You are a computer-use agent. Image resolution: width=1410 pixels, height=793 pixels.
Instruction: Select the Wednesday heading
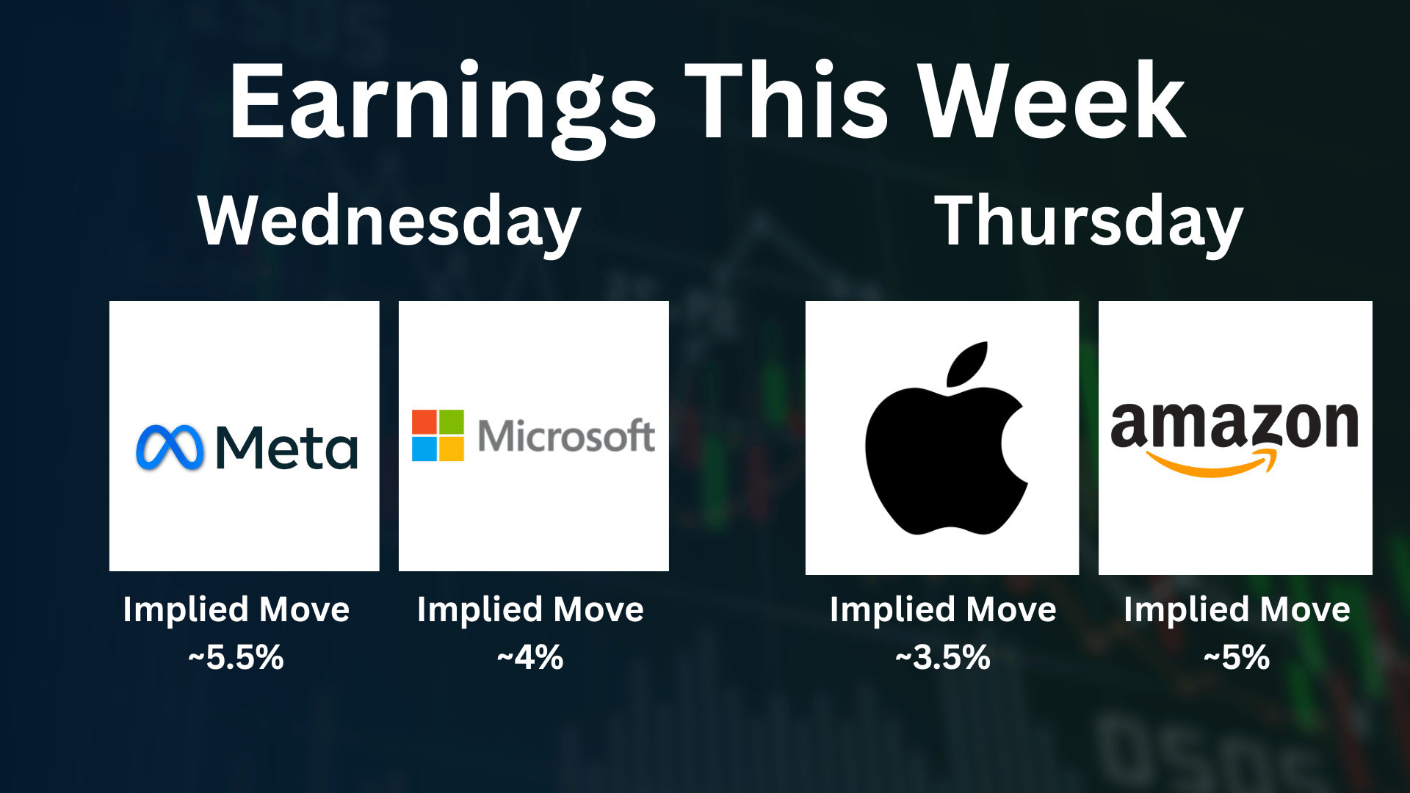coord(389,222)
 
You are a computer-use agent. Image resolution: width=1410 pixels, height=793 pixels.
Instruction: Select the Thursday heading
coord(1088,222)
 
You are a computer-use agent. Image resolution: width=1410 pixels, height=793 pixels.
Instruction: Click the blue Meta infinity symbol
coord(170,447)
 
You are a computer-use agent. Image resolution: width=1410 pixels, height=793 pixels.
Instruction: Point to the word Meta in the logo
coord(286,447)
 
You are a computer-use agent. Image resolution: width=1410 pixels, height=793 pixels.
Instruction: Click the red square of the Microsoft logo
coord(424,421)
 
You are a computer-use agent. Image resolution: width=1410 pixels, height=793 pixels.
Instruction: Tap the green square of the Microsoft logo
coord(452,421)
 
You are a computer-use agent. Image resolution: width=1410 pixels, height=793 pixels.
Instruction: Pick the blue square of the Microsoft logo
coord(424,449)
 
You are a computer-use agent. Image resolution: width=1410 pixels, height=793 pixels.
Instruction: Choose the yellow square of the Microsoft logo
coord(452,449)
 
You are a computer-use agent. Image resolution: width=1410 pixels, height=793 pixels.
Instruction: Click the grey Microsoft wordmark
coord(566,435)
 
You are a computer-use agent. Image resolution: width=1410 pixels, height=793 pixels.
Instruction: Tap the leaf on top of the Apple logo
coord(967,364)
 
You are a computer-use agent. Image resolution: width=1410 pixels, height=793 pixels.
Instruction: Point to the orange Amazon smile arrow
coord(1212,464)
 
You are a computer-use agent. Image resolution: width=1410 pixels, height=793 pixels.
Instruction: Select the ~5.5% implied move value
coord(236,657)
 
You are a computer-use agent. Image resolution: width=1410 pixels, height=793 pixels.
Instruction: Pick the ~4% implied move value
coord(530,657)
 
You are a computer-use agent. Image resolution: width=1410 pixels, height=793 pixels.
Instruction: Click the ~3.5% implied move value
coord(943,657)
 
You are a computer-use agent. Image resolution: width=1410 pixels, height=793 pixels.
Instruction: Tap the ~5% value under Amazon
coord(1237,657)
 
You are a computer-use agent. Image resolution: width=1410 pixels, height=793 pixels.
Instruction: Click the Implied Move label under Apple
coord(943,610)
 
